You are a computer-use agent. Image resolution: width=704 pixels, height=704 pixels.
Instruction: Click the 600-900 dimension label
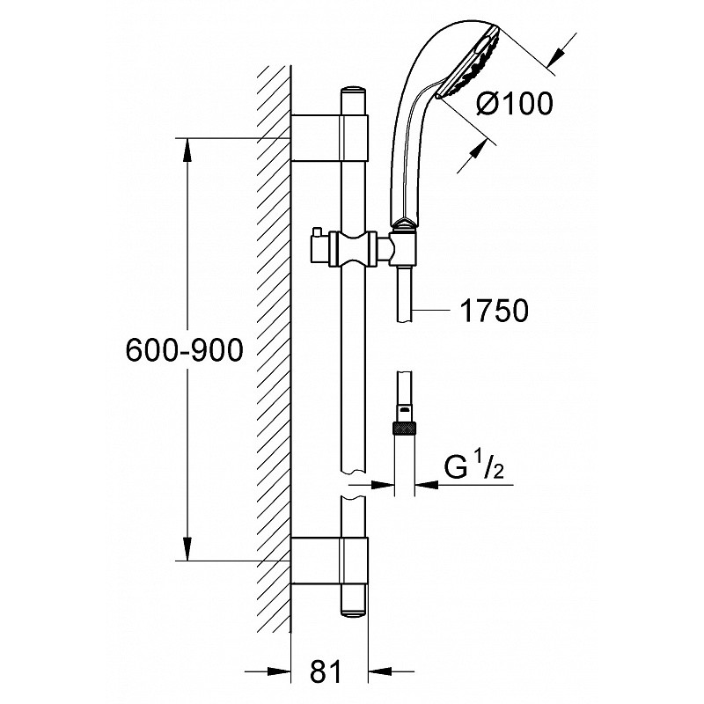[185, 349]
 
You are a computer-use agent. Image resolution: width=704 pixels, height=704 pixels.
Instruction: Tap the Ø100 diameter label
[514, 103]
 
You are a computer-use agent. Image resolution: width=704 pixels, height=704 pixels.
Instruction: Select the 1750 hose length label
[495, 311]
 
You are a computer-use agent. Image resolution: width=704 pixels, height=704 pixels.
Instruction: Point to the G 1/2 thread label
[474, 467]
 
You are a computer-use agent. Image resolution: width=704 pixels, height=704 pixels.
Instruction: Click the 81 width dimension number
[326, 672]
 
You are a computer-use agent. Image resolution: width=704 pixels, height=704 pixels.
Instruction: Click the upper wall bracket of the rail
[329, 137]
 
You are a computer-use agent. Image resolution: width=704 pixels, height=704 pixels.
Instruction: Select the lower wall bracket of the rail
[329, 561]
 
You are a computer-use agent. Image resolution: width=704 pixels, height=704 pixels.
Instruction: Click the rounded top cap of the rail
[354, 99]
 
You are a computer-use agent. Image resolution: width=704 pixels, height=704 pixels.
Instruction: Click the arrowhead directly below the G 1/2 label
[427, 485]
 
